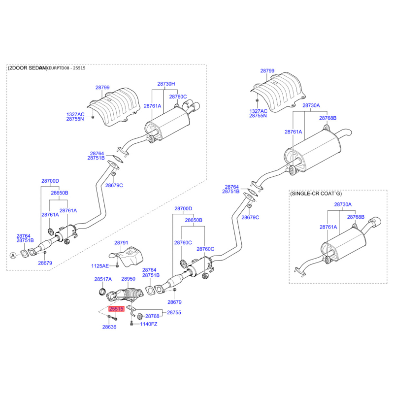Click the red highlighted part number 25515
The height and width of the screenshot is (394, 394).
[x=117, y=309]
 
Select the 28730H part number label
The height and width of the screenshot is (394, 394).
[x=166, y=84]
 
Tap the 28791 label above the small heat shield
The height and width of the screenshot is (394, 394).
[x=121, y=243]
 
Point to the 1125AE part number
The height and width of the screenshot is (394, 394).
[x=99, y=266]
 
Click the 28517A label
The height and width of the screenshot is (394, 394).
[x=102, y=279]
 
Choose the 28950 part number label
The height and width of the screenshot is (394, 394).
[x=128, y=279]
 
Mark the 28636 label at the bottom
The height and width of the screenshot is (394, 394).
[x=109, y=327]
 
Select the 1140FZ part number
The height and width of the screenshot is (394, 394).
[x=148, y=324]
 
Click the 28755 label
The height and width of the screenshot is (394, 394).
[x=174, y=312]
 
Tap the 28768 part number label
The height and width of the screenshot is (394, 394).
[x=152, y=316]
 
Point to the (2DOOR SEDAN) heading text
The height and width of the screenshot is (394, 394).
[x=28, y=68]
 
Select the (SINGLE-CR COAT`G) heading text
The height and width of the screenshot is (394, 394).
[x=315, y=194]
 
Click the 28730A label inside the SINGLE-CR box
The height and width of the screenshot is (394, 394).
[x=343, y=204]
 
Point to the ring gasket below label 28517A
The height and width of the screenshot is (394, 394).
[x=102, y=292]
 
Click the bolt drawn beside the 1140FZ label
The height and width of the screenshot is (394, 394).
[x=132, y=324]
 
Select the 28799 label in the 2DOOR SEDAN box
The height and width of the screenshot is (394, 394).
[x=102, y=87]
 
